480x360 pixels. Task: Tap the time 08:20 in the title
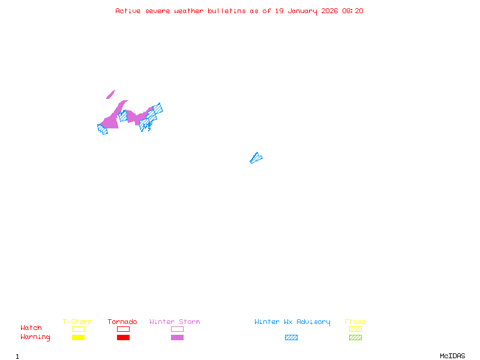click(x=353, y=11)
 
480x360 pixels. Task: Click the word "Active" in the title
click(x=128, y=11)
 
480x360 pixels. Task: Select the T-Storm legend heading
click(x=77, y=322)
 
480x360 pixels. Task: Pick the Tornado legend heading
click(x=122, y=322)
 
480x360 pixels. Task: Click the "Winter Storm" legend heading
click(x=175, y=322)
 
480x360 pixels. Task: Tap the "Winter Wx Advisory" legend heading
click(x=292, y=322)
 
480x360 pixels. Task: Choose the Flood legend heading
click(x=355, y=322)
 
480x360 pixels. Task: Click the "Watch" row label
click(x=31, y=328)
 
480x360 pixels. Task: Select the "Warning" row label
click(x=35, y=337)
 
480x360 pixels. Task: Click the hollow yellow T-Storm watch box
click(x=78, y=329)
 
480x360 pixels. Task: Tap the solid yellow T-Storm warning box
click(x=78, y=337)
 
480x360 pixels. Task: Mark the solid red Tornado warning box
click(x=123, y=337)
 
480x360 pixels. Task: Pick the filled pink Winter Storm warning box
click(x=177, y=337)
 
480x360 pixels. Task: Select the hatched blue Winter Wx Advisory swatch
click(x=291, y=337)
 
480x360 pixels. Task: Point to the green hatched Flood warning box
click(x=355, y=337)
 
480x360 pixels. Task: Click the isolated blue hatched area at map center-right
click(x=256, y=158)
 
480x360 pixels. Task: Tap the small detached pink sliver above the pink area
click(x=110, y=94)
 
